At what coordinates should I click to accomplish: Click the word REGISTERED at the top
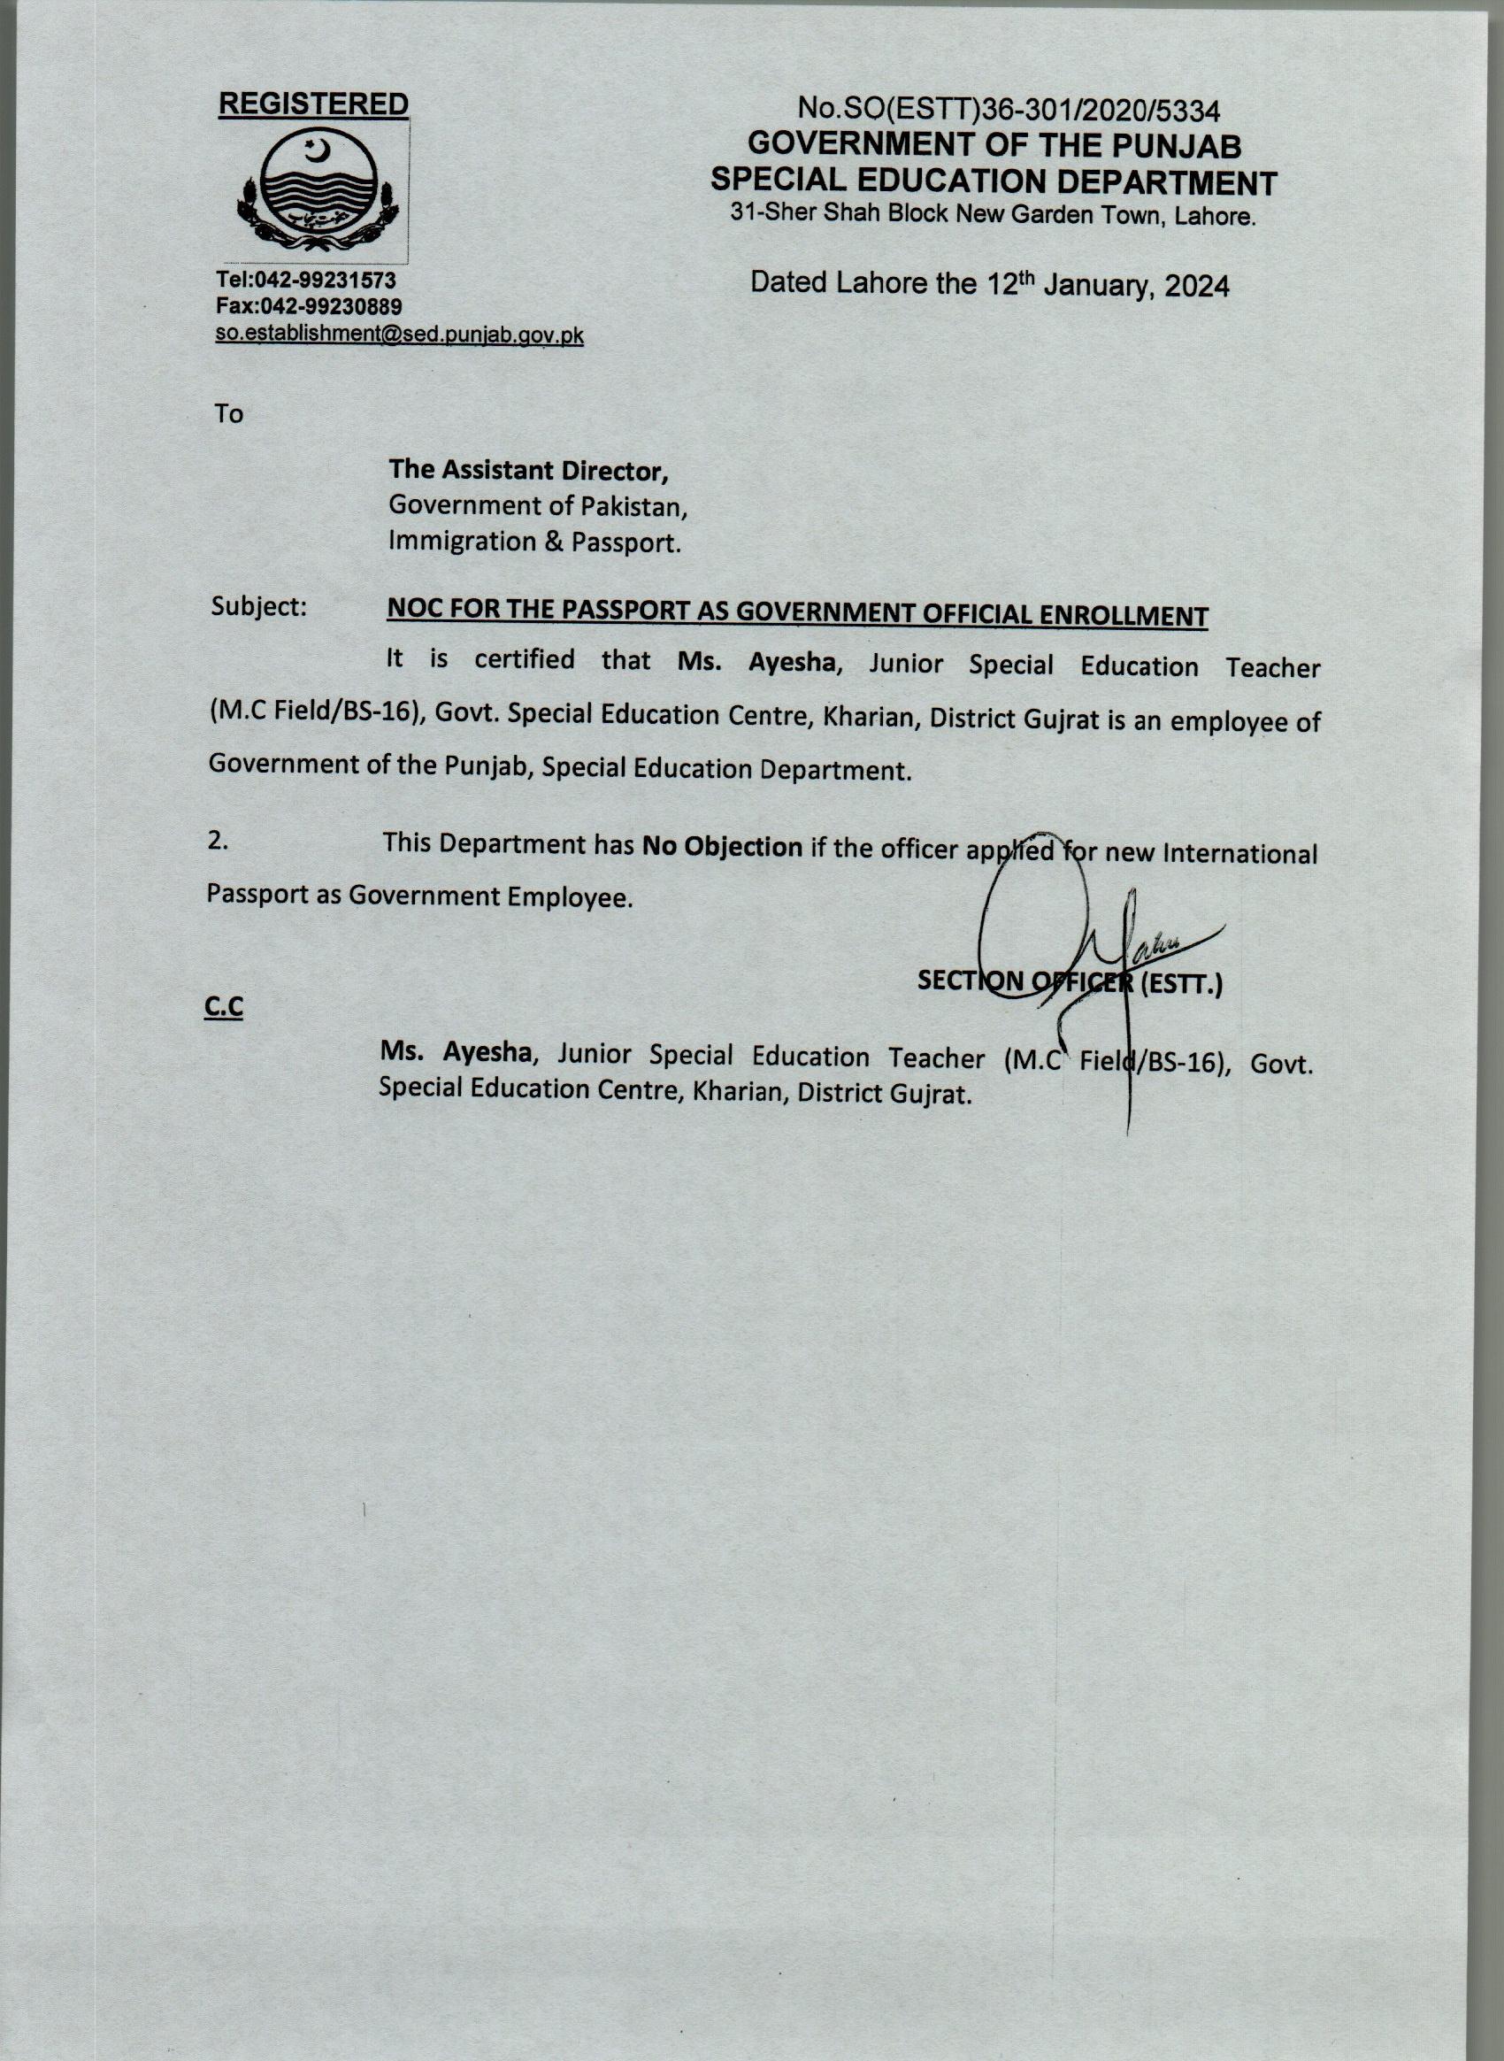point(313,104)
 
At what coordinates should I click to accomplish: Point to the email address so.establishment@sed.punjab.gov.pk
point(399,335)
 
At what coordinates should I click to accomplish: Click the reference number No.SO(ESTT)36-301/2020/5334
point(1009,111)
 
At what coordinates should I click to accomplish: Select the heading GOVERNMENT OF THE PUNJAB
point(994,146)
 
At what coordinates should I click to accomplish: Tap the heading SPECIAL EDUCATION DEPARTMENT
point(994,182)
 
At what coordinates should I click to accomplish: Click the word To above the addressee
point(228,414)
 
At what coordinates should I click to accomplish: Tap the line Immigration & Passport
point(534,542)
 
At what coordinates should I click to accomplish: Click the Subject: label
point(258,606)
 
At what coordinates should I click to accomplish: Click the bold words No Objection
point(722,847)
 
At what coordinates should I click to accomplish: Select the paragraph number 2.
point(219,842)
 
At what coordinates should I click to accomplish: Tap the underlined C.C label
point(224,1008)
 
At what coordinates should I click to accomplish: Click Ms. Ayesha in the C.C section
point(456,1052)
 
